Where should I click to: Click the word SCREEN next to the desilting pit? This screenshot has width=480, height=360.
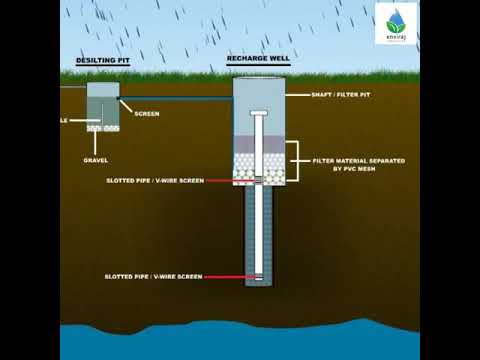146,113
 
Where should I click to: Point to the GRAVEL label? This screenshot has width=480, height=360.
96,160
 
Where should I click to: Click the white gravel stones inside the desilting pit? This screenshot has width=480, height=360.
103,128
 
